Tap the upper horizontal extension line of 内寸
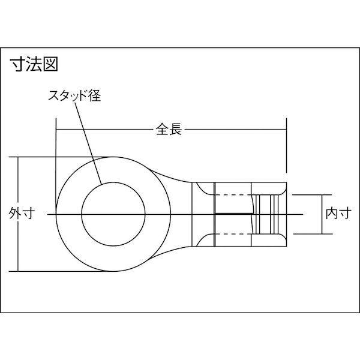(x=309, y=194)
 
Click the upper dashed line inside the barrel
(x=231, y=194)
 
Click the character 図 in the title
(x=51, y=64)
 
